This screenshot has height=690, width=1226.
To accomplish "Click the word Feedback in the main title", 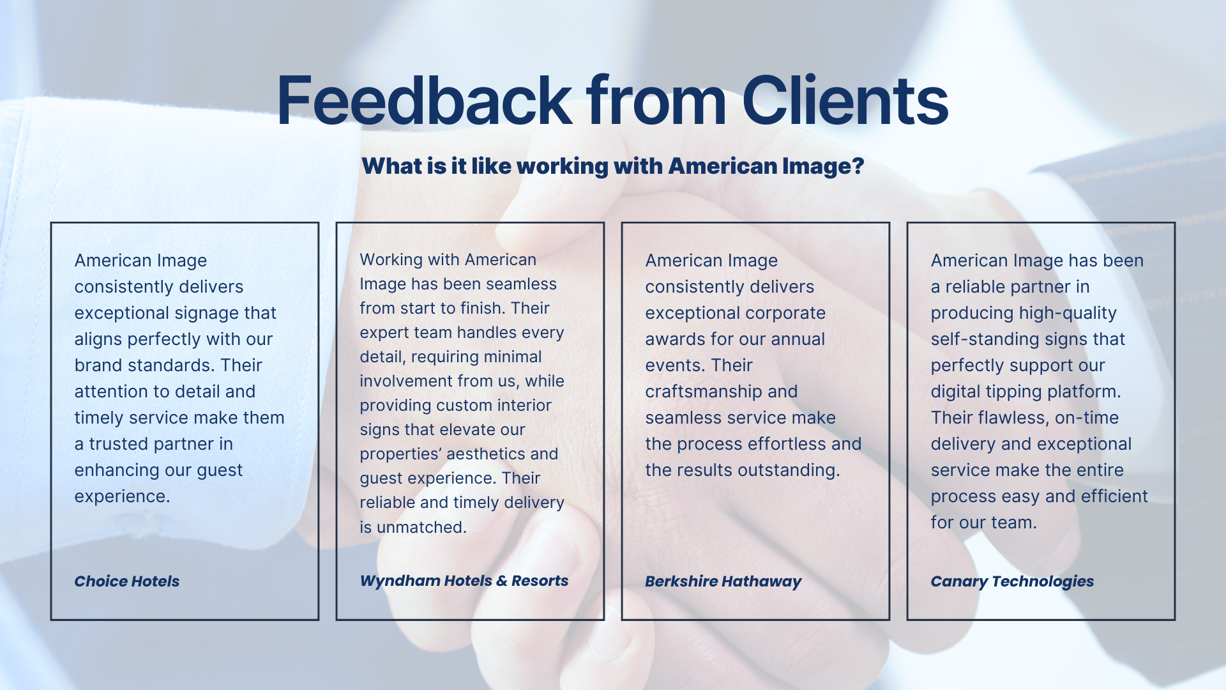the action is pos(425,100).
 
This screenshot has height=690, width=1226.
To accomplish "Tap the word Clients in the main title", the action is pos(845,100).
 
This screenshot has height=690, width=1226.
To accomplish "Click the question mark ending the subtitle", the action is pos(858,165).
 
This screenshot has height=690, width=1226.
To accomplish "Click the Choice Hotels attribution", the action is pos(127,581).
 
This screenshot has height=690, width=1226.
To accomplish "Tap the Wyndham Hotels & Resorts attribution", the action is pos(464,581).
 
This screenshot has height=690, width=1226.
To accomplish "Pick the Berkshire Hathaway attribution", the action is pos(723,581).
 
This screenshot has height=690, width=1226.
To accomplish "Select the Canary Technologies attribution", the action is pos(1012,581).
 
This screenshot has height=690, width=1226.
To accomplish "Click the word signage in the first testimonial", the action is pos(206,313).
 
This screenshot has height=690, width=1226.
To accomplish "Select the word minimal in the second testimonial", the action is pos(511,356).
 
